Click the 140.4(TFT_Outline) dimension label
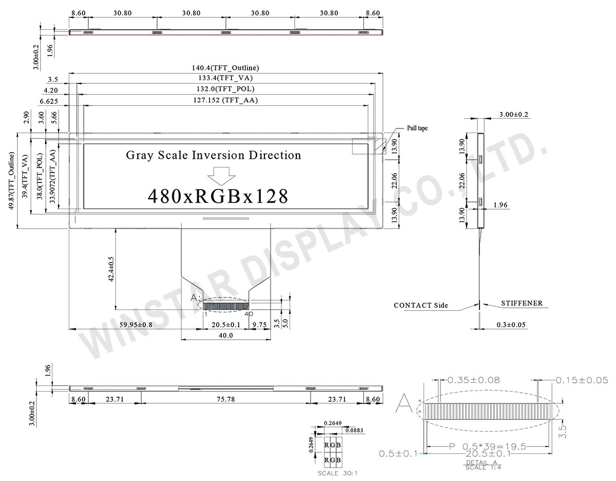point(224,68)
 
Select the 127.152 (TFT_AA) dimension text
point(224,101)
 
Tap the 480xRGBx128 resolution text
point(218,196)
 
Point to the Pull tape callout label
point(417,128)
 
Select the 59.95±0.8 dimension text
point(136,324)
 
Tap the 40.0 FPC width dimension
point(226,335)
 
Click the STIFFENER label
point(522,304)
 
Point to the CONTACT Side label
point(420,305)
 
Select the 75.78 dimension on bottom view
point(226,399)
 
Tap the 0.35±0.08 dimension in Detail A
point(473,380)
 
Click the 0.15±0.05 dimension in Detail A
point(582,380)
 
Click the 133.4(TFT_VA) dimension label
point(224,78)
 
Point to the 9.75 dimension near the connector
point(260,324)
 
